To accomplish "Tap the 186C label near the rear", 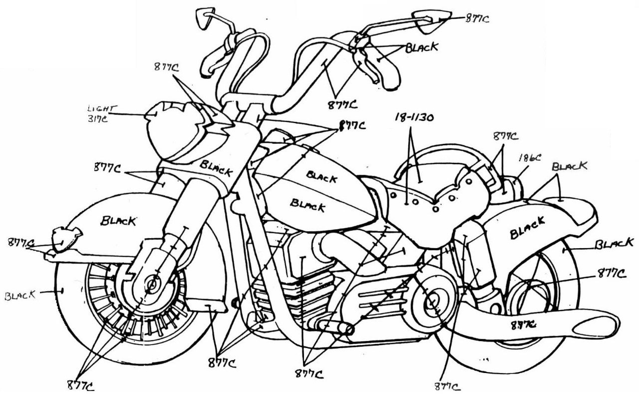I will pos(530,157).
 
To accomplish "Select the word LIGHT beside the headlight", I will pos(101,108).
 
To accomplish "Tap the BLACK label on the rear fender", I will pos(527,228).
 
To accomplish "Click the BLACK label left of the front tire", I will pos(20,295).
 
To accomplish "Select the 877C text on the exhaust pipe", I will pos(523,324).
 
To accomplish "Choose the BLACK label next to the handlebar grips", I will pos(422,48).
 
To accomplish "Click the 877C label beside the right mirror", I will pos(477,19).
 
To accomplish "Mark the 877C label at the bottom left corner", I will pos(80,385).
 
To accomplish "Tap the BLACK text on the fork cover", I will pos(216,168).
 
